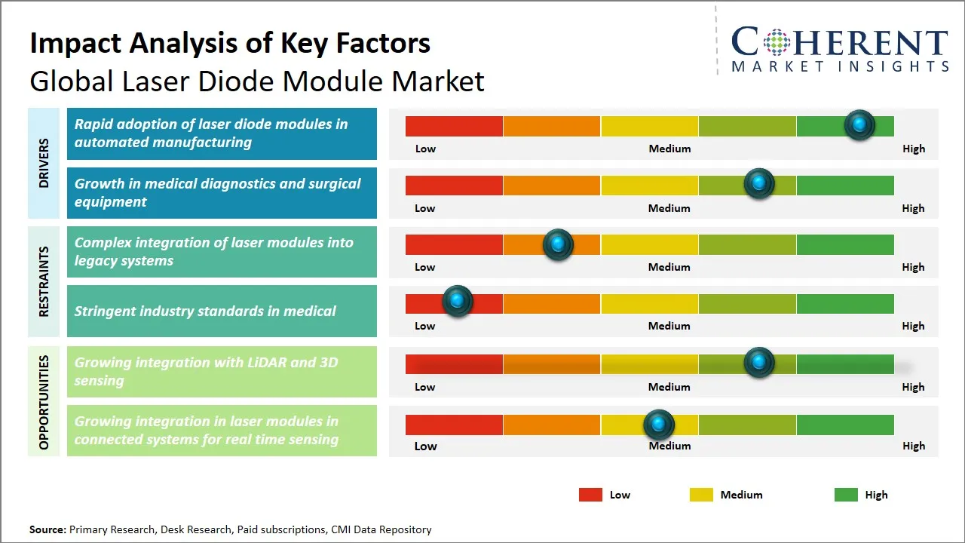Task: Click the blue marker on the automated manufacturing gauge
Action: (x=859, y=125)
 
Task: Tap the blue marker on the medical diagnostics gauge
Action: (x=759, y=184)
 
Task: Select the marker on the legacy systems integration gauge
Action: (x=558, y=244)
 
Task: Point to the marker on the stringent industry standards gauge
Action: (x=457, y=302)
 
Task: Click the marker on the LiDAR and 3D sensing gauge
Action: (x=759, y=363)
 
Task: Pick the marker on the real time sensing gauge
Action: (x=659, y=425)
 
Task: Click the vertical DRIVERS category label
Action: (x=44, y=163)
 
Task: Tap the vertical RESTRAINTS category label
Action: (x=44, y=281)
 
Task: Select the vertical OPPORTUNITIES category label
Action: (x=44, y=402)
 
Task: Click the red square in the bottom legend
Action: (x=590, y=495)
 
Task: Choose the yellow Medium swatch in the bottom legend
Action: (x=701, y=495)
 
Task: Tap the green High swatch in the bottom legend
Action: (x=846, y=495)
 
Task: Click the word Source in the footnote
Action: (x=47, y=529)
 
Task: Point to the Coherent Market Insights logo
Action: (x=839, y=50)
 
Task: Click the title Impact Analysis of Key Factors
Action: (x=230, y=43)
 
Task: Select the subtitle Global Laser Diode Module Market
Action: (x=256, y=81)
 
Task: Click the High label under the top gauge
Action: (x=913, y=149)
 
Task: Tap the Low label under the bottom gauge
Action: (x=425, y=446)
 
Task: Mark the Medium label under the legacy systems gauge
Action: (x=669, y=267)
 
